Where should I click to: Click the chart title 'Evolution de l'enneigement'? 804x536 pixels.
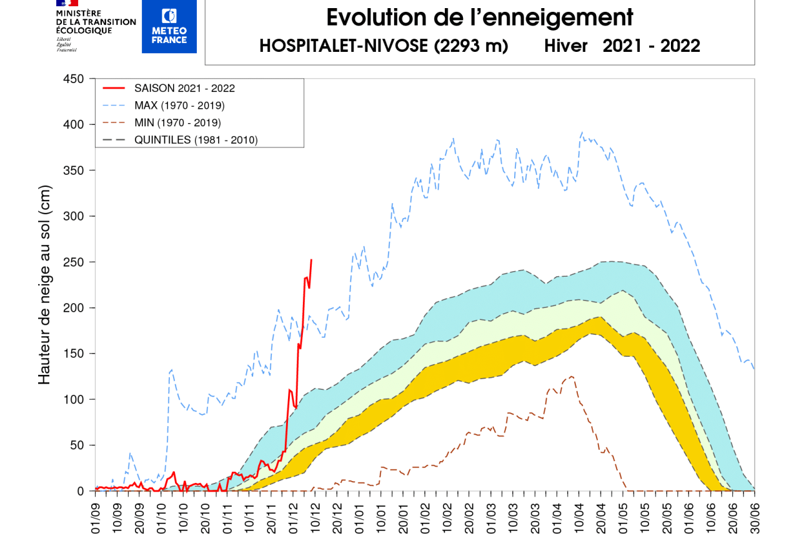click(x=480, y=17)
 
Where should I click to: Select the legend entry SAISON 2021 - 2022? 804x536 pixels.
click(x=184, y=88)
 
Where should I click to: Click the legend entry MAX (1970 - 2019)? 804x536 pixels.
click(x=179, y=105)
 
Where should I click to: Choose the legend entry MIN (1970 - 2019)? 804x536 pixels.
click(x=177, y=122)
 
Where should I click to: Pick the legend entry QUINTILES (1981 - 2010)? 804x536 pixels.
click(x=196, y=140)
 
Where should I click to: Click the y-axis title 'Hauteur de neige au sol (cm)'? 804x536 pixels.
click(x=44, y=285)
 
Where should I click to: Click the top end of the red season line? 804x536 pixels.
click(x=311, y=260)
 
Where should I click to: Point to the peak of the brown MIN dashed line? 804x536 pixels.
click(x=571, y=376)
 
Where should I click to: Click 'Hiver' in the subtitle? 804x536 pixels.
click(x=565, y=46)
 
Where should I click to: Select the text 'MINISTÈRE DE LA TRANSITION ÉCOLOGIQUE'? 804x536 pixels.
click(x=96, y=22)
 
